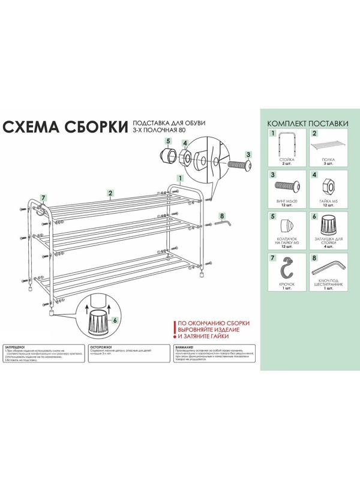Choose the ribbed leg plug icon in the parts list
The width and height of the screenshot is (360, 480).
coord(329,226)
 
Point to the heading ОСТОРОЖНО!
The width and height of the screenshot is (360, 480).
coord(101,347)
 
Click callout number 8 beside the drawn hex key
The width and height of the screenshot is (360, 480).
coord(222,215)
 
